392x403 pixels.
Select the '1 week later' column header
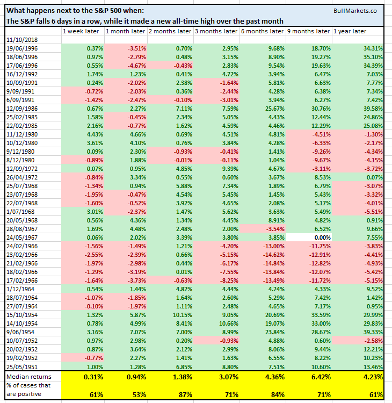(80, 31)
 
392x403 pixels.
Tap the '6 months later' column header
(262, 31)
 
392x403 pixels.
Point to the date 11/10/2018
(21, 40)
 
